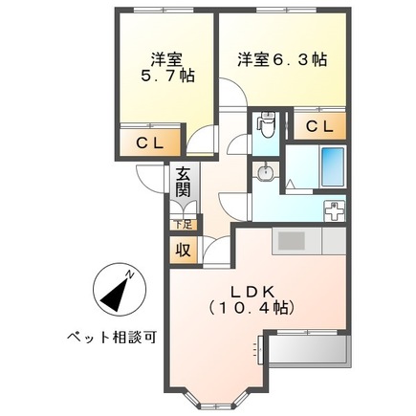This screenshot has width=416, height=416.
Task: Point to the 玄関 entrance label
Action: pyautogui.click(x=183, y=183)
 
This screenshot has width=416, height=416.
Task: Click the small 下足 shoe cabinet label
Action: pyautogui.click(x=180, y=226)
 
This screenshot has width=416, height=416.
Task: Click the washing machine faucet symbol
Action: pyautogui.click(x=336, y=210)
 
